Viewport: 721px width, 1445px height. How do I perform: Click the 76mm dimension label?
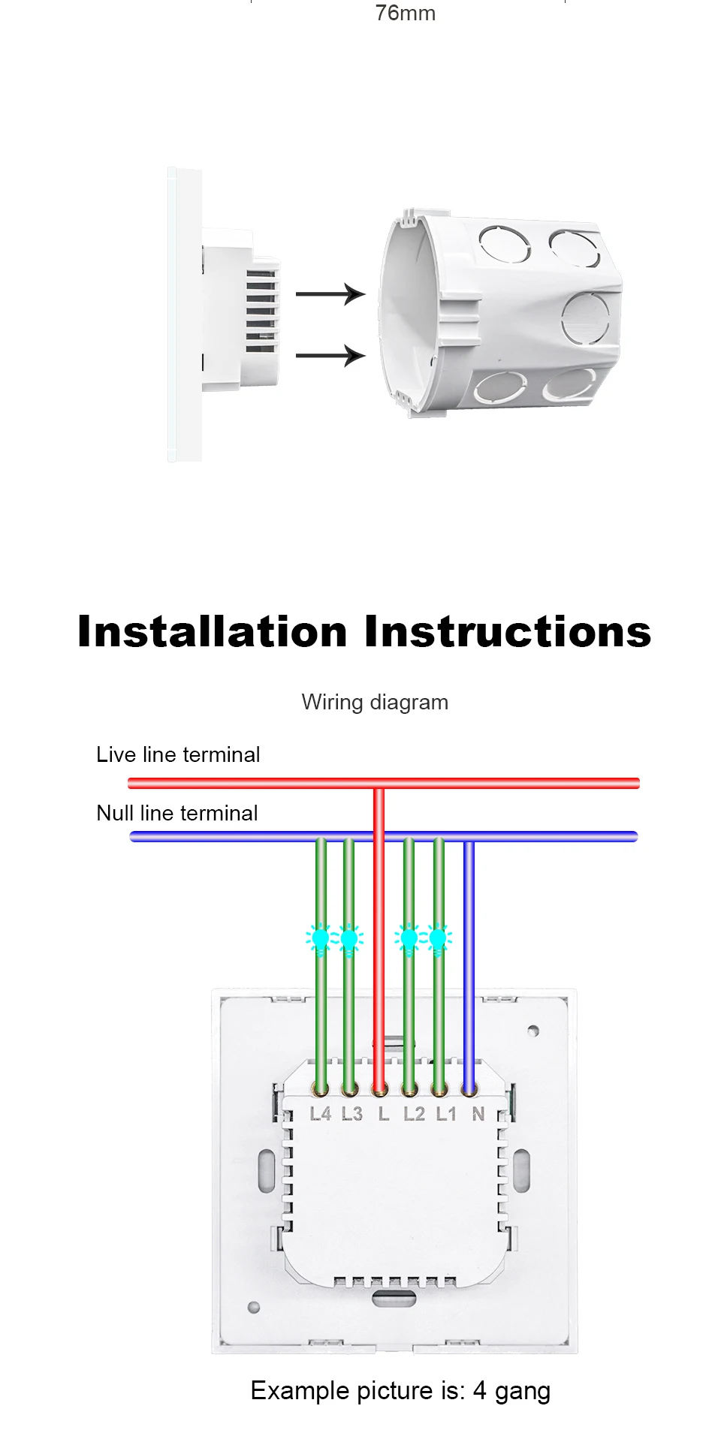[x=405, y=14]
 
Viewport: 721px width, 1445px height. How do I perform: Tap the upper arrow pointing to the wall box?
[x=330, y=294]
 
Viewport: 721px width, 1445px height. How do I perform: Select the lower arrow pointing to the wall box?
[x=330, y=354]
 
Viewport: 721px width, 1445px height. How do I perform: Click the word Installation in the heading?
[x=213, y=631]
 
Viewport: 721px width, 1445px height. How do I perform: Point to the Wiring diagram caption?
[x=375, y=702]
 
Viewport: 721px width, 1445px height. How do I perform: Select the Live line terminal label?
[x=178, y=754]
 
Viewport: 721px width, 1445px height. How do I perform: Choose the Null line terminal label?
[x=177, y=813]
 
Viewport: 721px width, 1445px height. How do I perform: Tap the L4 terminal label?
[x=321, y=1114]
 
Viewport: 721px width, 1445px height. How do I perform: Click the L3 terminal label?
[x=351, y=1114]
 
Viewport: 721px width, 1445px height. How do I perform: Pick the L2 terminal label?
[x=414, y=1114]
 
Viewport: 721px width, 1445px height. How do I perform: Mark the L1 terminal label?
[x=446, y=1114]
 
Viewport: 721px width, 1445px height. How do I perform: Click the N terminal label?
[x=478, y=1114]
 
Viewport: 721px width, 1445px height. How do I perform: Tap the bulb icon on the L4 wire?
[x=321, y=939]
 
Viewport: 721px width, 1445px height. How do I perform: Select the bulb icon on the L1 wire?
[x=439, y=939]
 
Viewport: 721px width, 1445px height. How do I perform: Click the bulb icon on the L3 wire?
[x=349, y=939]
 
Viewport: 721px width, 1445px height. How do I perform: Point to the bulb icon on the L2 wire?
[x=409, y=939]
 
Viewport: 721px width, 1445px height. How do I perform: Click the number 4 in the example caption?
[x=479, y=1391]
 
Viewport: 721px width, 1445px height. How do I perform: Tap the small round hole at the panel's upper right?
[x=533, y=1031]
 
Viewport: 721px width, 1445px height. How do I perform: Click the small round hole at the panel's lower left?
[x=254, y=1308]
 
